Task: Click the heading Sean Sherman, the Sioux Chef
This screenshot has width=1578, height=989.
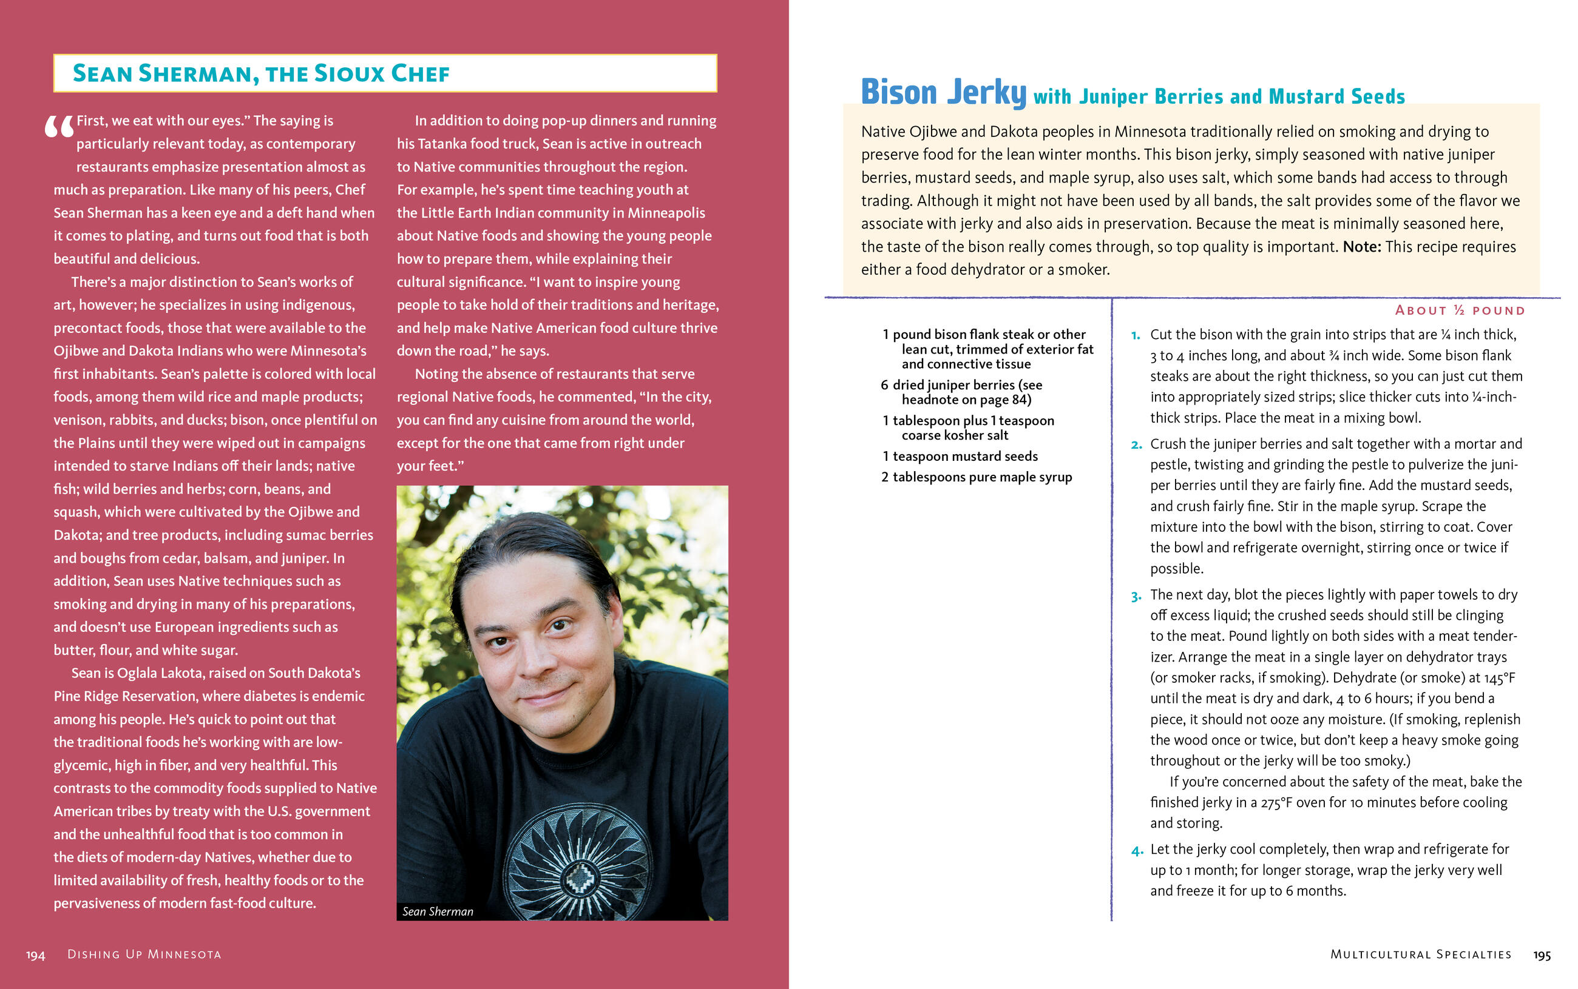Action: click(260, 73)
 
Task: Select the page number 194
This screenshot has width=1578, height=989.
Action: click(35, 956)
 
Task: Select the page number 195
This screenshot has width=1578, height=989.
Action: click(1542, 956)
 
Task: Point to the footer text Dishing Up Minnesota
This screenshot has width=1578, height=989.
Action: click(144, 954)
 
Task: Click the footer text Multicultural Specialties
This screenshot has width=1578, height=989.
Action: click(1420, 954)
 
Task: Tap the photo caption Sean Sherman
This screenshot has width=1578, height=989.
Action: click(437, 911)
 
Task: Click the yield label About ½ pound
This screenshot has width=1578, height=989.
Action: click(1460, 310)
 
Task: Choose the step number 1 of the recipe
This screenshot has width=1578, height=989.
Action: click(1136, 335)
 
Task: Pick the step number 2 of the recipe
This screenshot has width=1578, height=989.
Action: click(1136, 445)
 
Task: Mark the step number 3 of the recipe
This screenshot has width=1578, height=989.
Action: click(1136, 596)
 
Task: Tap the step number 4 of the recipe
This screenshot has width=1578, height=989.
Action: click(1136, 850)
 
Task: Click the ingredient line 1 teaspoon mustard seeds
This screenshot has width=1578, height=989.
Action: click(960, 456)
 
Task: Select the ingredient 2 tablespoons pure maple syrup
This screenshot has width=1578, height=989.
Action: click(976, 477)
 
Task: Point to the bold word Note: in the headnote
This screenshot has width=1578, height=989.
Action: click(1362, 247)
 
